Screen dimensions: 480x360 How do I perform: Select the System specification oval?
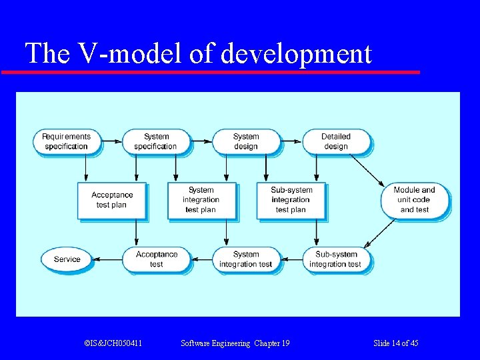(155, 141)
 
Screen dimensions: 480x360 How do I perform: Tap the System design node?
(246, 141)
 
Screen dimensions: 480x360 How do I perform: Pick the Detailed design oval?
(336, 141)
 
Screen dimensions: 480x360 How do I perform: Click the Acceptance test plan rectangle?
(111, 200)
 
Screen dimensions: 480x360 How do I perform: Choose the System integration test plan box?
(201, 200)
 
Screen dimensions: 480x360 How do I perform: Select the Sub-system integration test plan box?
(291, 200)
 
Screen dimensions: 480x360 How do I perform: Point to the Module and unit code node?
(415, 200)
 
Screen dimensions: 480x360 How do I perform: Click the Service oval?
(67, 259)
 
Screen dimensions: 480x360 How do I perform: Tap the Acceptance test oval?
(156, 259)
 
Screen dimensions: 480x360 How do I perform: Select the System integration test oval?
(246, 259)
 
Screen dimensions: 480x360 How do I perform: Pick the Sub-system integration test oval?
(336, 259)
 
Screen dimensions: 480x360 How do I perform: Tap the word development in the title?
(295, 54)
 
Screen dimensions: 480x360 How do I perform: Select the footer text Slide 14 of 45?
(396, 343)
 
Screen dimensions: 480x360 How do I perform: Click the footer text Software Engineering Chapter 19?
(235, 343)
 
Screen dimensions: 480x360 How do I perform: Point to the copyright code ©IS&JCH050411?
(113, 343)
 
